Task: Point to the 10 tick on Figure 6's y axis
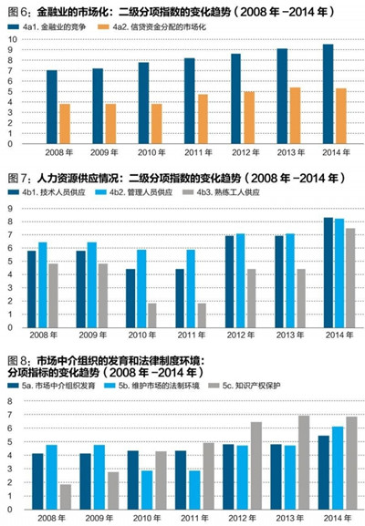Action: coord(9,39)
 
